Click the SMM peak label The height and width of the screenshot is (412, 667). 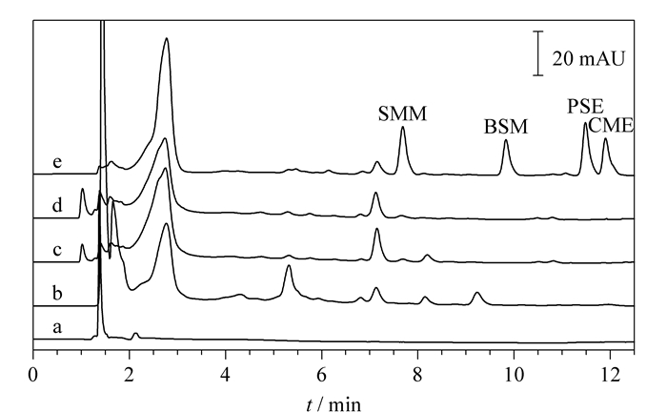coord(402,113)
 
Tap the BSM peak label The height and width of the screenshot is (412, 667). coord(506,127)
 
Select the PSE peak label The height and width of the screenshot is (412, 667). coord(585,106)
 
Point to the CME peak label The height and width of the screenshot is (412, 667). coord(612,125)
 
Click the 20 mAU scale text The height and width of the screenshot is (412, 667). coord(589,58)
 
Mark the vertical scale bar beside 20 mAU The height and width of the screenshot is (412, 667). coord(538,53)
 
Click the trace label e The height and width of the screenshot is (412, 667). coord(57,162)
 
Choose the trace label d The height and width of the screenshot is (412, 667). coord(57,205)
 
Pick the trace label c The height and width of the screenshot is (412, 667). coord(57,250)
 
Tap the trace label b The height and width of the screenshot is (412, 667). coord(57,293)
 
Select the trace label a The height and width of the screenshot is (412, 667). coord(57,327)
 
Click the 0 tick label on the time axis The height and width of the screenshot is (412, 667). coord(33,375)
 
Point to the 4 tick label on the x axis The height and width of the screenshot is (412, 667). coord(226,375)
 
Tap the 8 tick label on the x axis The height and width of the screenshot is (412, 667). coord(417,375)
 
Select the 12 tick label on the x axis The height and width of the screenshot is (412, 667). coord(610,375)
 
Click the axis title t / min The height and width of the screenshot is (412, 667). coord(333,403)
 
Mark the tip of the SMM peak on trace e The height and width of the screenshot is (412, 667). coord(402,127)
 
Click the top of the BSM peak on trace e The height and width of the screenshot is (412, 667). coord(506,139)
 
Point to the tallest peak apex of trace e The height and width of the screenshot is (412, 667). coord(167,38)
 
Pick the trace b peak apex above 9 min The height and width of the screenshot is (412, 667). coord(477,293)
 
